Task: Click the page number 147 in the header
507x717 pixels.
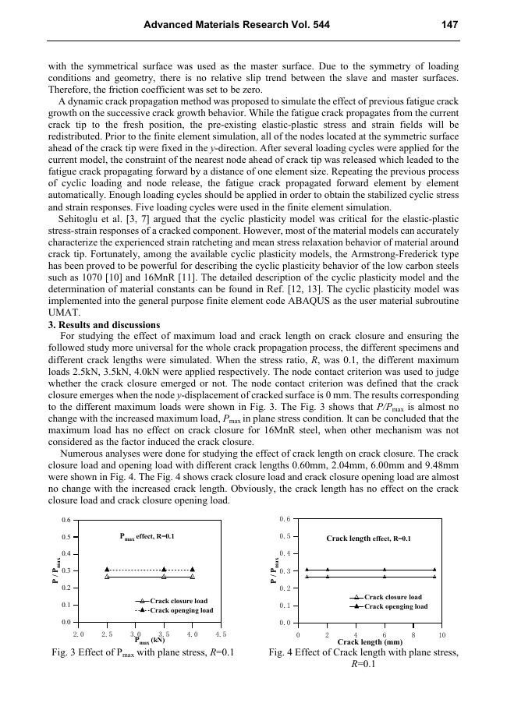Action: (x=448, y=25)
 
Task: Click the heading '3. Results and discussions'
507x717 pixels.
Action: (x=104, y=325)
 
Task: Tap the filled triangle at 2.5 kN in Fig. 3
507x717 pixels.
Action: (x=107, y=570)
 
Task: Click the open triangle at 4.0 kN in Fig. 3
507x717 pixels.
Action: (x=193, y=577)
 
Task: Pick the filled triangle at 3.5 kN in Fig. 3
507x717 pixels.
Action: (x=164, y=570)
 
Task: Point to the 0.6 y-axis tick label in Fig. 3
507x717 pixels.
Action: (x=67, y=520)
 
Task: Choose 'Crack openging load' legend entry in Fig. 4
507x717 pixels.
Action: (x=395, y=606)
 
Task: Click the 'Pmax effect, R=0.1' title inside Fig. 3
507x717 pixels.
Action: (x=147, y=536)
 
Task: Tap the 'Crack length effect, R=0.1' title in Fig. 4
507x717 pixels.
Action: (x=368, y=539)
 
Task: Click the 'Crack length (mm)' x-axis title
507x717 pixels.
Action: (x=370, y=642)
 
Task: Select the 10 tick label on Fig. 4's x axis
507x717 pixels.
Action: (x=442, y=635)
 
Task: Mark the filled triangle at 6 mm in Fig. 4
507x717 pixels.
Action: (x=385, y=570)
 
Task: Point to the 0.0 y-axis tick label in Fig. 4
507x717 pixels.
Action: (x=285, y=623)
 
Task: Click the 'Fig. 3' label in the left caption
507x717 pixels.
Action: (x=63, y=652)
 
